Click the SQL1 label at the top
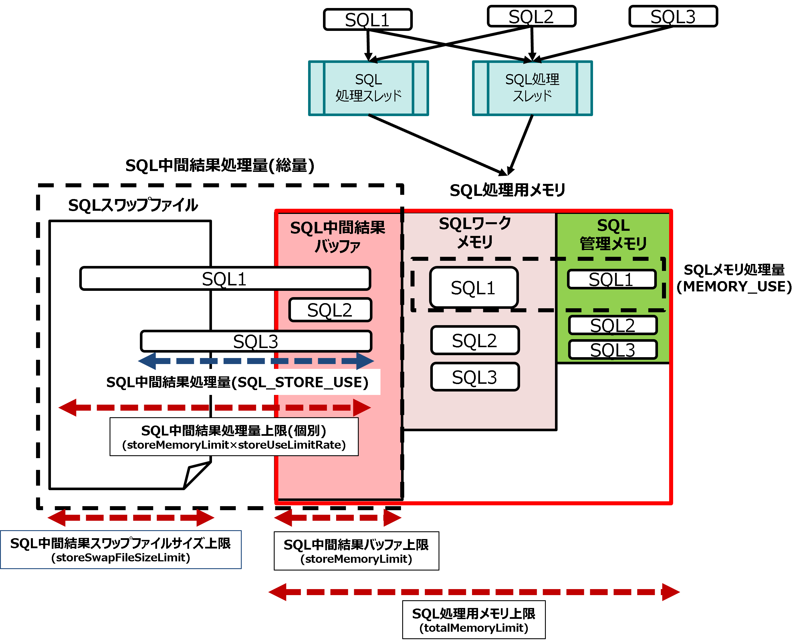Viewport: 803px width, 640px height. click(368, 20)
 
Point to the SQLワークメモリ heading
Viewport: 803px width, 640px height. click(475, 233)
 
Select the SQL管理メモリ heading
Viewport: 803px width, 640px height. click(613, 234)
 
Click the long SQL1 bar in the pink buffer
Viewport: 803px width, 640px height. click(226, 279)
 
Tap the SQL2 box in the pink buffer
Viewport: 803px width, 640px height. click(330, 310)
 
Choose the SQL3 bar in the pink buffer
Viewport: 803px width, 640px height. click(256, 341)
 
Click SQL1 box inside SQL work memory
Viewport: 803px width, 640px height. click(473, 287)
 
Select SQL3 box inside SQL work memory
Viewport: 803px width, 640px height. click(475, 377)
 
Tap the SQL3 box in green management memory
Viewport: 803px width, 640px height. click(613, 350)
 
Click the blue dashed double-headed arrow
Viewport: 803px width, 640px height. click(255, 361)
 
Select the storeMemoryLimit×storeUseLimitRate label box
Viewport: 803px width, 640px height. click(234, 437)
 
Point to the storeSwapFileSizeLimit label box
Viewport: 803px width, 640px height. click(121, 550)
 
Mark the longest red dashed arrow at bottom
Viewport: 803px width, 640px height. click(474, 592)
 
